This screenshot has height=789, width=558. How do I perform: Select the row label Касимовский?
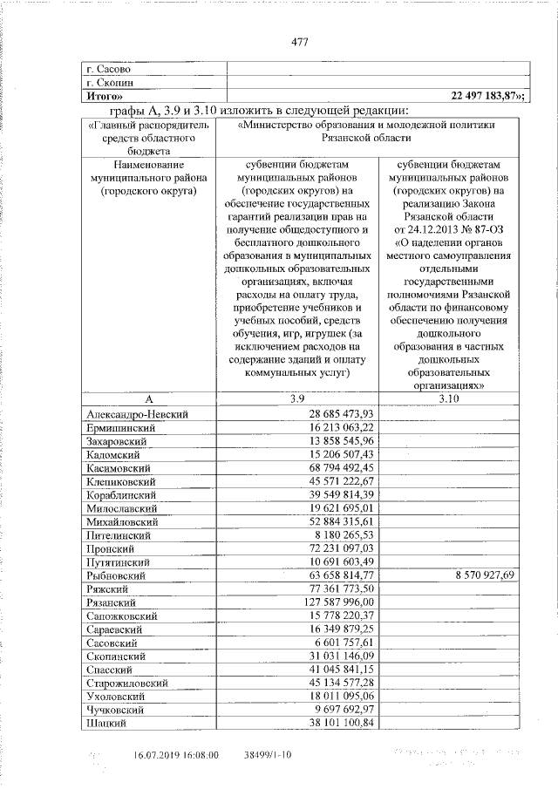121,468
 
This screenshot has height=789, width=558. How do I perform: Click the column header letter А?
146,398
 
